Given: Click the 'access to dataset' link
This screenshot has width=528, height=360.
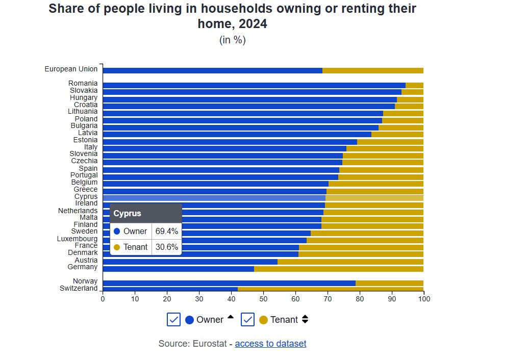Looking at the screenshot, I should tap(270, 344).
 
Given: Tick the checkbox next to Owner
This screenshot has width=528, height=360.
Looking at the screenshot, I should tap(173, 320).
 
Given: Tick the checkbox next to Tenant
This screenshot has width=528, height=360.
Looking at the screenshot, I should tap(248, 320).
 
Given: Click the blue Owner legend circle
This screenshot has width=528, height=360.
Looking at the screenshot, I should tap(190, 320).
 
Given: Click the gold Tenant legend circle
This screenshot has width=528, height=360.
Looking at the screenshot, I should tap(263, 320).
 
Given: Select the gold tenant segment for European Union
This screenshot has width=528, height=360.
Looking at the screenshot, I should tap(373, 70).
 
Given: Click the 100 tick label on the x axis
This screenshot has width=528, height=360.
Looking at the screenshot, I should tap(423, 299).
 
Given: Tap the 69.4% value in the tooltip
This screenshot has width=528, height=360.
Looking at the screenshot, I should tap(167, 231).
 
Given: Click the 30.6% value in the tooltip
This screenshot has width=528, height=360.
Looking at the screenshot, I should tap(167, 247).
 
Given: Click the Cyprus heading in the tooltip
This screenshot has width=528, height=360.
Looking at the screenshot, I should tap(128, 213).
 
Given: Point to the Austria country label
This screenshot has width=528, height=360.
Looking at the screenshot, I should tap(86, 260).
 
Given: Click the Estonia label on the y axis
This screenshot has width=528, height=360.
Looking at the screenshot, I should tap(85, 140).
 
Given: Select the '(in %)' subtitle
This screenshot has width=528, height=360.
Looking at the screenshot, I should tap(233, 40).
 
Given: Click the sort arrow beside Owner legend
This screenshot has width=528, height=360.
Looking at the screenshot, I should tap(230, 317).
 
